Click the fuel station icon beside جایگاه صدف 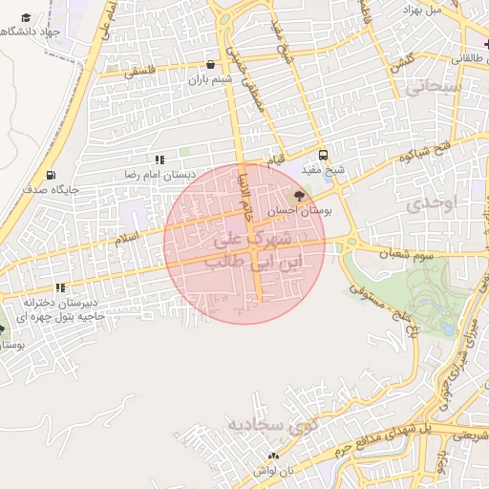[x=51, y=176]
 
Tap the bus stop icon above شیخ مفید [x=323, y=155]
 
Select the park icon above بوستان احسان [x=301, y=197]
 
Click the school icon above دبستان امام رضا [x=159, y=160]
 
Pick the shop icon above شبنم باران [x=210, y=65]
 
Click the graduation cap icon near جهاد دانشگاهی [x=25, y=18]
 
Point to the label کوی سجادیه [x=265, y=423]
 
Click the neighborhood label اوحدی [x=433, y=202]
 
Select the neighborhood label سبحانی [x=436, y=88]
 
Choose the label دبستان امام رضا [x=160, y=176]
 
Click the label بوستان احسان [x=300, y=211]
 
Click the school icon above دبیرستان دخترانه [x=60, y=287]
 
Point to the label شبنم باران [x=211, y=80]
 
